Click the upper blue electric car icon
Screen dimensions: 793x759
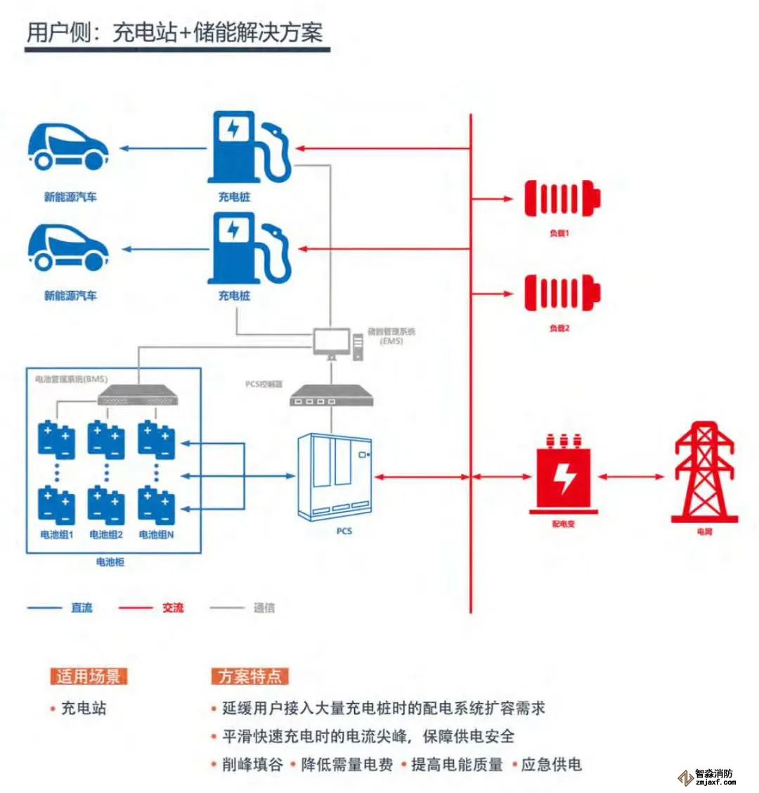(68, 148)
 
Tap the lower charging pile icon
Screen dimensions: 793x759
(247, 249)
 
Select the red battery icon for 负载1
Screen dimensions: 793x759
(562, 198)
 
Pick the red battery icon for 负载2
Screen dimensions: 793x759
(562, 293)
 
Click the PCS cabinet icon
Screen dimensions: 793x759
(335, 477)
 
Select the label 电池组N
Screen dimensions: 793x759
(157, 535)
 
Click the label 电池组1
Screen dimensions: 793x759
(57, 535)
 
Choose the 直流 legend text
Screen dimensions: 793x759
(82, 607)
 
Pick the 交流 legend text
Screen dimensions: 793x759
(173, 607)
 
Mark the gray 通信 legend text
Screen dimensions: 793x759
(264, 607)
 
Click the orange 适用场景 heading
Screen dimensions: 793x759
(89, 676)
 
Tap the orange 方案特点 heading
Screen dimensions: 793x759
(249, 676)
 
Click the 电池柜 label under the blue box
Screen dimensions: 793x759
(110, 562)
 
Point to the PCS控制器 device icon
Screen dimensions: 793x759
(332, 396)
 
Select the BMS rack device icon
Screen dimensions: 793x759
(138, 396)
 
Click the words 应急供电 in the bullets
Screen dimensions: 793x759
(552, 765)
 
